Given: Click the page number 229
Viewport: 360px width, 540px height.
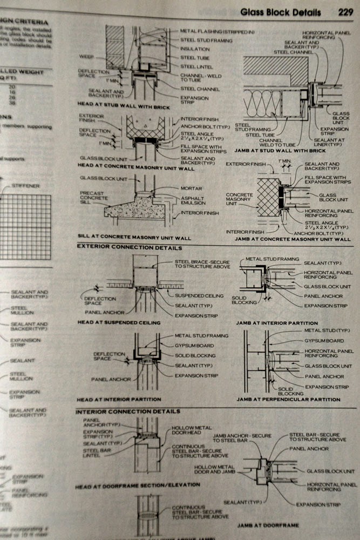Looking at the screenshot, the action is click(345, 12).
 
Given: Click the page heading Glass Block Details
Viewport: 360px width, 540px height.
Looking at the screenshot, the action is click(280, 12).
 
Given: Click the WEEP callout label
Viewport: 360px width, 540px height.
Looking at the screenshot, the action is click(86, 56).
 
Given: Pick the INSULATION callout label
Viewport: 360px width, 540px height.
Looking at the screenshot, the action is click(194, 48).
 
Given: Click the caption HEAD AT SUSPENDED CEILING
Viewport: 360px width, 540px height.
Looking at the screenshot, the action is click(118, 322).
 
